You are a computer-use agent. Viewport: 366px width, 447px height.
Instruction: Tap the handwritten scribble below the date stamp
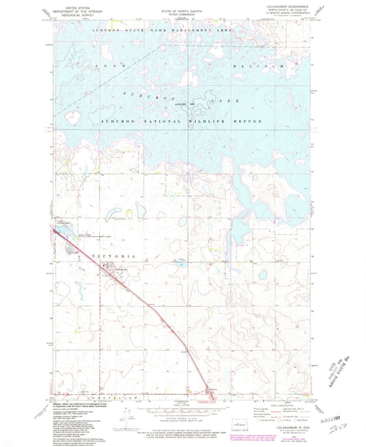point(337,428)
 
